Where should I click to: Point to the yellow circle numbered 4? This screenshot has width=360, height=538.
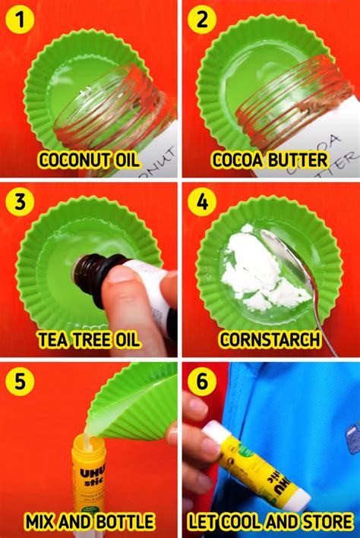201,202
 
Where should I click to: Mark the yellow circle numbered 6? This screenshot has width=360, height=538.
201,382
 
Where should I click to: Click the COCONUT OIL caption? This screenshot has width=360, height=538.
89,160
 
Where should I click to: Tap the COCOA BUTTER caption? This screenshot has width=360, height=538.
270,160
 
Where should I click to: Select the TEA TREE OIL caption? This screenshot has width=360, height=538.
89,340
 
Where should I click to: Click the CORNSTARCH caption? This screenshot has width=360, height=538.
270,340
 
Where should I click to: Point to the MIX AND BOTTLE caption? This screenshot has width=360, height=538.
89,521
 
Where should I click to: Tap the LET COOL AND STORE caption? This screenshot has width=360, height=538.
270,521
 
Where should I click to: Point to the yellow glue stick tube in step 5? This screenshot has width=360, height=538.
89,478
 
